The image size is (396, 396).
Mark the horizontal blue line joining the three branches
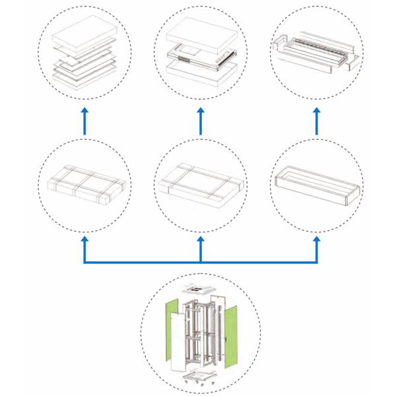pyautogui.click(x=201, y=263)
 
